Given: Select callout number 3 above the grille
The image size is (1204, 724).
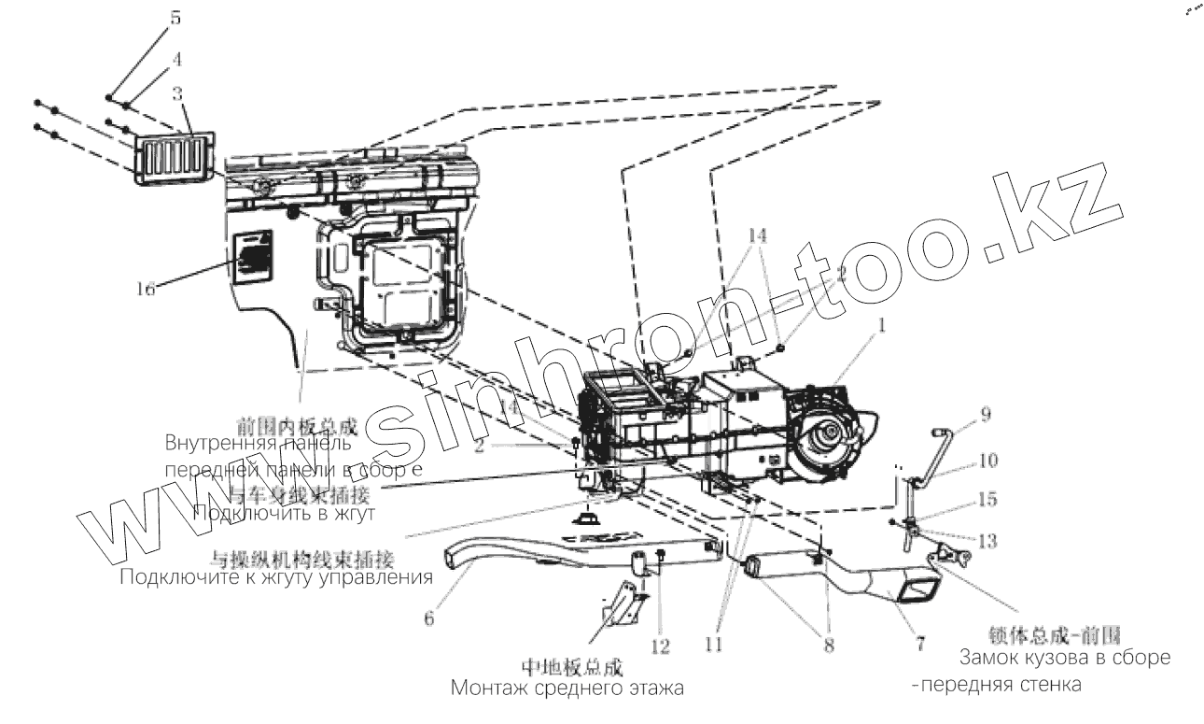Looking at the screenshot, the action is [x=177, y=92].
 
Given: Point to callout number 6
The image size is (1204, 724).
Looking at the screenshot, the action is [x=428, y=619].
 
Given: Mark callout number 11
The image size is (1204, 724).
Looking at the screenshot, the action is [x=714, y=644].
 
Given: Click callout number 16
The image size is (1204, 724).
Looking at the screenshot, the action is [x=145, y=290].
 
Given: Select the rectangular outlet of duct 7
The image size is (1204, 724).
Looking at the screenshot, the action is [x=919, y=592].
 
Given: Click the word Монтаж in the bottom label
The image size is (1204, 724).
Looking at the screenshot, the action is [x=488, y=689].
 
